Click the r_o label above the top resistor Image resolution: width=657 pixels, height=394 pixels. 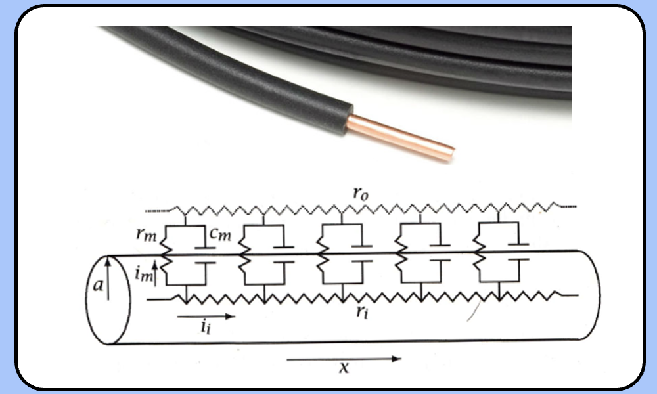coord(358,195)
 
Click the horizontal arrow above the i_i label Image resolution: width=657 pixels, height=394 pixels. coord(205,316)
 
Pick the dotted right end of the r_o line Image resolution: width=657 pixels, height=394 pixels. coord(568,206)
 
